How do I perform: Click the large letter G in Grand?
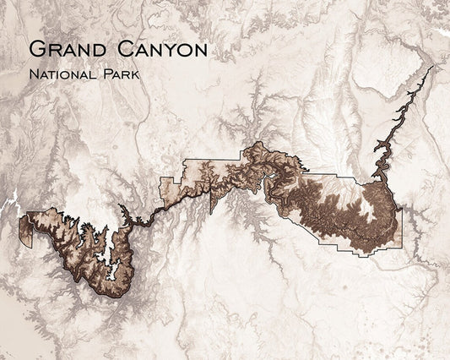click(x=35, y=49)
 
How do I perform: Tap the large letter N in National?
click(x=31, y=74)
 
